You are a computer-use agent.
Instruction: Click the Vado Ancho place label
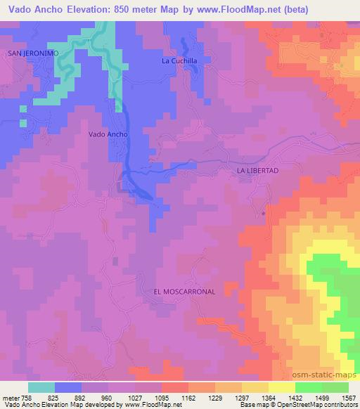(x=108, y=134)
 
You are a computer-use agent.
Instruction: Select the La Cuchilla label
(x=179, y=60)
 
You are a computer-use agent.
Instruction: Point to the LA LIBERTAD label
(x=258, y=171)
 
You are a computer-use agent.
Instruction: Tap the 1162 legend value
(x=188, y=398)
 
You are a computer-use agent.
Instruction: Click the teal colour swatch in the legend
(x=41, y=387)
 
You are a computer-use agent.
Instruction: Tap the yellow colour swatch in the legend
(x=282, y=387)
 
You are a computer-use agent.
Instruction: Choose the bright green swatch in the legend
(x=309, y=387)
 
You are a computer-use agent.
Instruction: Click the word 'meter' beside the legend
(x=11, y=398)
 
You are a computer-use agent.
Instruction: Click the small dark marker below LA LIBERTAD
(x=264, y=212)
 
